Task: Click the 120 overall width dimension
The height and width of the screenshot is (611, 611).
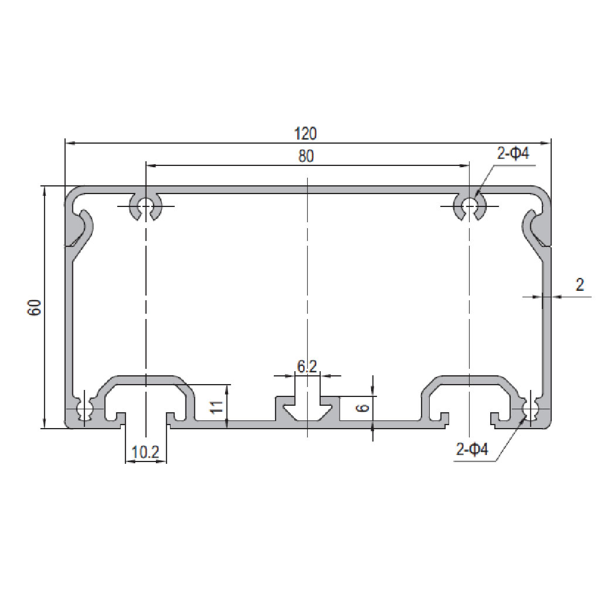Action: [x=305, y=134]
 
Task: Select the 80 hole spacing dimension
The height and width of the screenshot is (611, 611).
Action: [x=306, y=156]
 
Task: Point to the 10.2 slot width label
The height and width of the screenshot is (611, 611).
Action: [x=146, y=453]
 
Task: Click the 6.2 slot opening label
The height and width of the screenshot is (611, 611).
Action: [x=307, y=366]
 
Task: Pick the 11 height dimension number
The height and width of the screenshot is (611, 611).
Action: [x=218, y=407]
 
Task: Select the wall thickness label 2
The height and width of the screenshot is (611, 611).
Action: [x=579, y=285]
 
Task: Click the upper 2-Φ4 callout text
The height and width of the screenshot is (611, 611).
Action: [x=513, y=154]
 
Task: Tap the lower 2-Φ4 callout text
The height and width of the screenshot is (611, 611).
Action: [x=472, y=450]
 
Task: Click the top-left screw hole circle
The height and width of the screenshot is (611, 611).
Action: [x=145, y=205]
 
